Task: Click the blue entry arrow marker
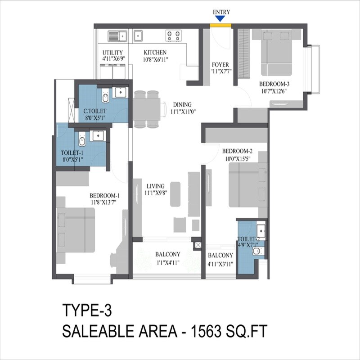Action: click(220, 18)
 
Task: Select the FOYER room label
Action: click(220, 65)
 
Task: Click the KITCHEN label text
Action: click(155, 53)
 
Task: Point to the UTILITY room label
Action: click(112, 53)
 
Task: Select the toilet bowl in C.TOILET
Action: click(105, 97)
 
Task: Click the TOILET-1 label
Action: click(72, 153)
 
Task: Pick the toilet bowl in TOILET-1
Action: click(81, 142)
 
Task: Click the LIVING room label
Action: click(155, 186)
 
